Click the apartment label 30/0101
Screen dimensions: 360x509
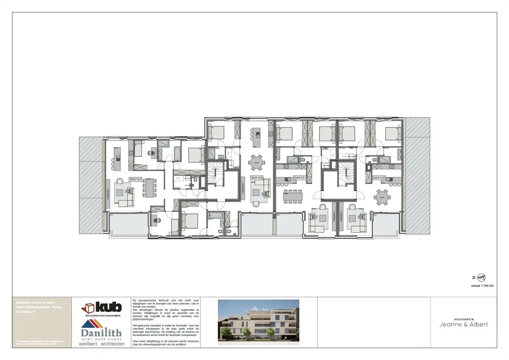135,179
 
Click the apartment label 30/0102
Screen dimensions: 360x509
256,178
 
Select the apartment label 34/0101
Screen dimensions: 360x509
300,178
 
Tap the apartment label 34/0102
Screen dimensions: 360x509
379,178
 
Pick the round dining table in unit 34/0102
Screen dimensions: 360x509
382,197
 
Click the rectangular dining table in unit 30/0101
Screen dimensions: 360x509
149,188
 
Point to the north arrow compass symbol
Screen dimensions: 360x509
481,278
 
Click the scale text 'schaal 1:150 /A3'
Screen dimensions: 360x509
482,286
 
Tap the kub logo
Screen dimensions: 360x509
102,307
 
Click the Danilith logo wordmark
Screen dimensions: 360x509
101,333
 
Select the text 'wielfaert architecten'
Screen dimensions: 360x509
102,344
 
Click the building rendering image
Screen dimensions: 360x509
258,322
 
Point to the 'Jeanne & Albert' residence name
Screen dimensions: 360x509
464,325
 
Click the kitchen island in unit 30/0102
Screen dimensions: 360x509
256,137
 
